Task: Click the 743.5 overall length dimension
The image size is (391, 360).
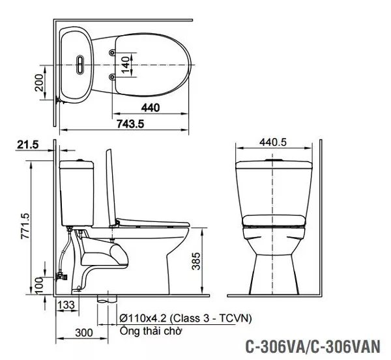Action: (130, 124)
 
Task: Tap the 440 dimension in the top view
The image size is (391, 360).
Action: (151, 108)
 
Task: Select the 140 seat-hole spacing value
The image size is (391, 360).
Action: (126, 65)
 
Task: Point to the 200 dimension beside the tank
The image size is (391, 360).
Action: (39, 83)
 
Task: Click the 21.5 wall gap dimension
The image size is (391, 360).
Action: (28, 145)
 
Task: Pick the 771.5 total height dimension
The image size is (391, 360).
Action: (25, 226)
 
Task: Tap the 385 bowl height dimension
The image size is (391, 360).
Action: (196, 261)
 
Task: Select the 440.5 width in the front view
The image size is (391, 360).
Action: (273, 143)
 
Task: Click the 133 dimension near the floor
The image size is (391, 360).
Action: (66, 305)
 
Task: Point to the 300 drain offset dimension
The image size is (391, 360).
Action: (84, 333)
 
